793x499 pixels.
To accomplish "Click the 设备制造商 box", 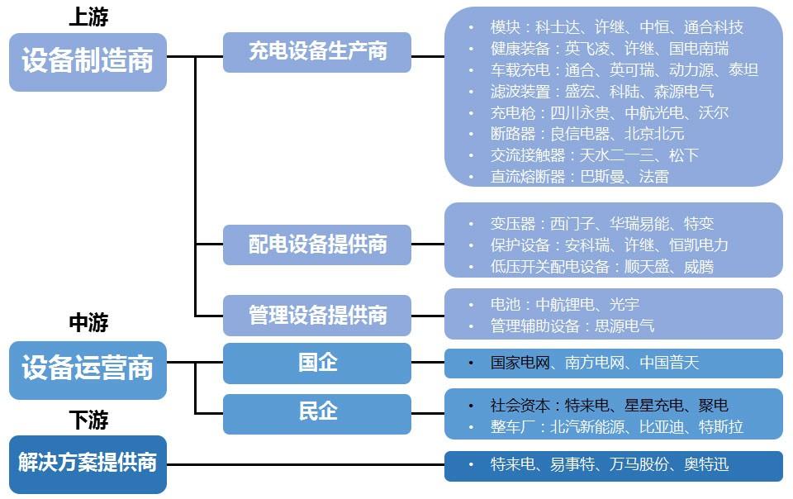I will point(88,62).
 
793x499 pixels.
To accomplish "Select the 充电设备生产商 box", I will point(317,52).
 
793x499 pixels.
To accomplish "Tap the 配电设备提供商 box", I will point(317,245).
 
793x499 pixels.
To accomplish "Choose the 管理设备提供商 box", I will point(317,315).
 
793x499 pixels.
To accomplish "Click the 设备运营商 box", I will point(88,368).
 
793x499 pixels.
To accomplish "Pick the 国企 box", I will point(317,362).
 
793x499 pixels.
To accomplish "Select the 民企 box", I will point(317,411).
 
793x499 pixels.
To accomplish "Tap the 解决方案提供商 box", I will point(88,463).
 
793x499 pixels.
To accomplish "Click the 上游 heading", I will point(88,17).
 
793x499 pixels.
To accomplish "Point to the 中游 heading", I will point(88,322).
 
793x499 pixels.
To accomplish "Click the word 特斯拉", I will point(720,427).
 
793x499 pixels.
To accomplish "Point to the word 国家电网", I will point(520,363).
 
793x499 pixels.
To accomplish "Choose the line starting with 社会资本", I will point(609,406).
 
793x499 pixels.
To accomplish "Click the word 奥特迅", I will point(706,465).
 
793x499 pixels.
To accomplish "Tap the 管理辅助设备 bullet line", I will point(572,326).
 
